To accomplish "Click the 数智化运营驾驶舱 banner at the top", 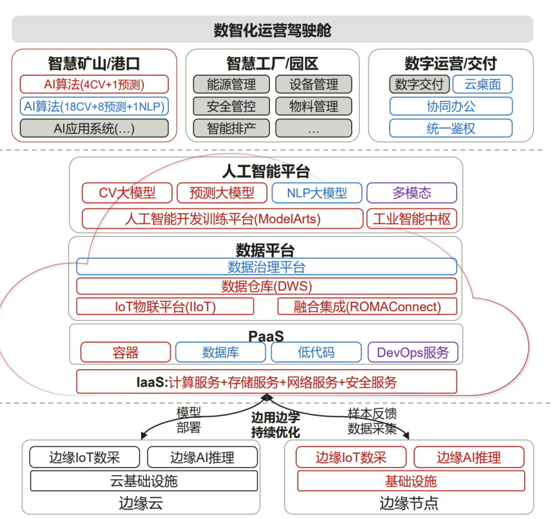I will click(x=272, y=30).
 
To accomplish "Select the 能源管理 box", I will click(x=231, y=85).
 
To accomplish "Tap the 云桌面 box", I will click(x=482, y=85).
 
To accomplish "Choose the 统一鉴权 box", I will click(x=451, y=128).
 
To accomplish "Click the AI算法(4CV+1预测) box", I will click(x=94, y=85).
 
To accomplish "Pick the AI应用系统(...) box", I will click(x=94, y=128).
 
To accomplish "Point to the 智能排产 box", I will click(x=231, y=128).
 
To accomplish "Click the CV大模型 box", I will click(x=127, y=193).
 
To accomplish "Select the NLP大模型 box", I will click(x=317, y=193).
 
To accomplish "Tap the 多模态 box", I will click(x=412, y=193).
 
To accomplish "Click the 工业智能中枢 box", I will click(x=412, y=219).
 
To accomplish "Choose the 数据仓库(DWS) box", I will click(x=267, y=286).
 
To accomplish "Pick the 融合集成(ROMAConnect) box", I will click(x=367, y=307).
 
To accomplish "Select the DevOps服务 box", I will click(x=413, y=352).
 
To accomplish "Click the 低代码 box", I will click(x=316, y=352).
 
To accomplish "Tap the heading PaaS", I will click(x=266, y=336).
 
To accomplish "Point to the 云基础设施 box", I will click(x=144, y=481).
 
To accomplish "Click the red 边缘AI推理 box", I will click(x=468, y=457).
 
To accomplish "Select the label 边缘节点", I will click(x=409, y=503).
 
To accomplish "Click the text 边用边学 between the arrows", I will click(x=275, y=417).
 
